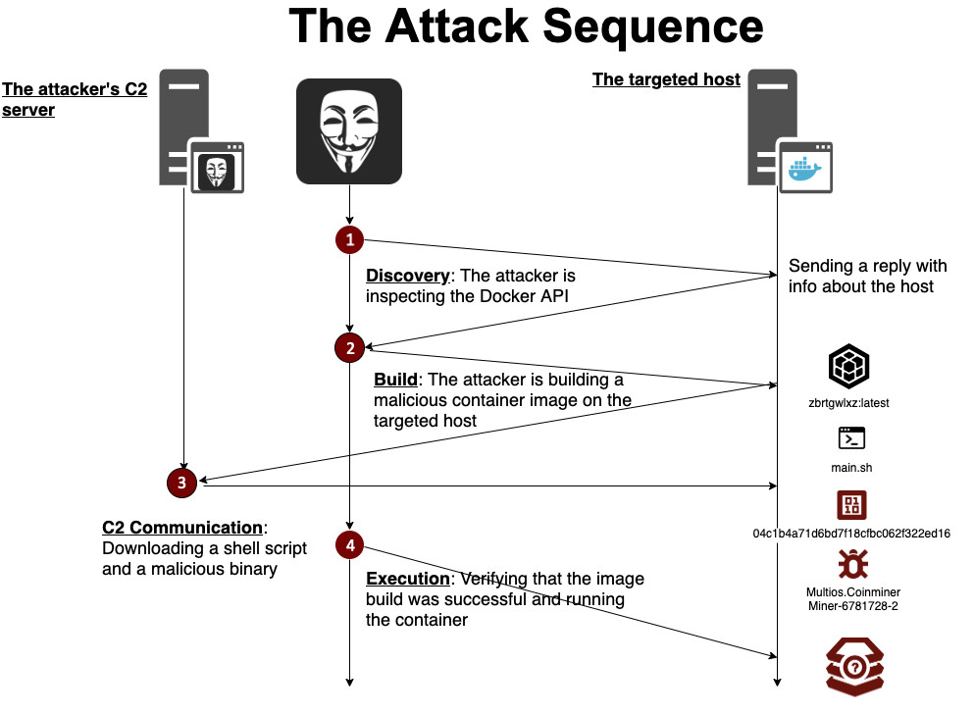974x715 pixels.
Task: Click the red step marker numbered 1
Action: [350, 239]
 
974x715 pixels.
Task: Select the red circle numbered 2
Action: [350, 348]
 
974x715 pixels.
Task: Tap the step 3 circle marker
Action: [182, 483]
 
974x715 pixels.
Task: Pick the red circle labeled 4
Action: [350, 545]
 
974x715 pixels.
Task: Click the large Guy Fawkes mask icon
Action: [349, 131]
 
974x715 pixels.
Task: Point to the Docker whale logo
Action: [804, 169]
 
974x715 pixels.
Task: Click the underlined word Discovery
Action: [407, 276]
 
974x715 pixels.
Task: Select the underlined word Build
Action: [395, 379]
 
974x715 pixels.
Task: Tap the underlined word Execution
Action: [407, 579]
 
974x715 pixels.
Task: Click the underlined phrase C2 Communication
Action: [182, 528]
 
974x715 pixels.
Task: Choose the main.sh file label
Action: [851, 468]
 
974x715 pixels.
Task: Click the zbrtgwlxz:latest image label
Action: [848, 402]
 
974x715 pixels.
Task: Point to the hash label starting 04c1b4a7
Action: [851, 533]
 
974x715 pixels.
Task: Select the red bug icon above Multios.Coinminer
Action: [853, 564]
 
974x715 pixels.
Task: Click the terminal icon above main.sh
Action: [851, 438]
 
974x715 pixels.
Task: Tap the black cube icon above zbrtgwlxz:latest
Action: [848, 366]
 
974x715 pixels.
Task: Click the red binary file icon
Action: [851, 504]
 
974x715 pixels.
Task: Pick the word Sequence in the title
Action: [653, 26]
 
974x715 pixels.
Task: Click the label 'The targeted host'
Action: [667, 79]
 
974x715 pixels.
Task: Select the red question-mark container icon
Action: [854, 667]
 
